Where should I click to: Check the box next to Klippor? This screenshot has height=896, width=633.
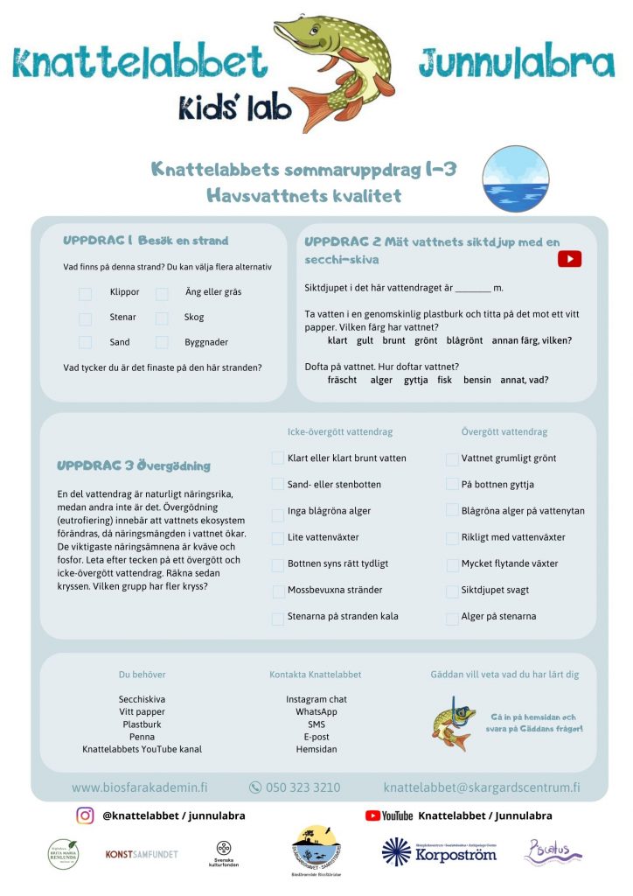point(86,294)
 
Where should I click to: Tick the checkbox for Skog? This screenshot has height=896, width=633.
point(162,318)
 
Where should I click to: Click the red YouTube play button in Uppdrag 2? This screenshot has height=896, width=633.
point(569,259)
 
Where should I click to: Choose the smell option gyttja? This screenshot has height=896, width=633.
point(415,380)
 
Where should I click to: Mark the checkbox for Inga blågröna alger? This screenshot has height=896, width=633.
point(278,512)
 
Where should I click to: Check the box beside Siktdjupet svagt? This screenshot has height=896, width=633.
point(452,591)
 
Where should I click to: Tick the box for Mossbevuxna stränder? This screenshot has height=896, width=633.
point(278,591)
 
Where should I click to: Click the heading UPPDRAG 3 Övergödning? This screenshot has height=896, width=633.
point(134,466)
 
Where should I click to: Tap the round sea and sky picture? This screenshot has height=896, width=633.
point(516,179)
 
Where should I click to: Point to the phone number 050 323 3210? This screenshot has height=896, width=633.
point(303,787)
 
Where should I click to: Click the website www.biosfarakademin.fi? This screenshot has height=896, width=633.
point(140,787)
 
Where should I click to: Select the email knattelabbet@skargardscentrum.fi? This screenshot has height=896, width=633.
point(482,787)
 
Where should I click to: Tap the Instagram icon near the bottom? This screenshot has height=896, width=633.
point(85,815)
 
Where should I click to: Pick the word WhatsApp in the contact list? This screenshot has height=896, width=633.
point(316,712)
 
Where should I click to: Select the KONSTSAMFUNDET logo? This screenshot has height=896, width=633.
point(142,853)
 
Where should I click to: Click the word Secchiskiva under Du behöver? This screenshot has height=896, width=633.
point(142,700)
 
